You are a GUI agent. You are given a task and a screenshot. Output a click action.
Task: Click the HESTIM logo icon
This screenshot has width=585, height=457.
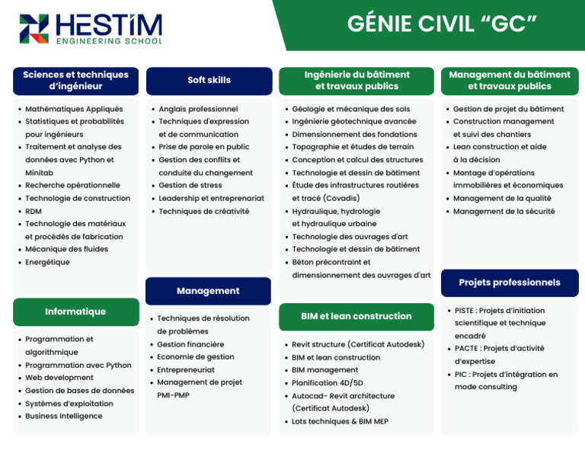point(34,29)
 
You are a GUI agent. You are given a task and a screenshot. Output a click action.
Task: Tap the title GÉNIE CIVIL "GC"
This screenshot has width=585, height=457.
point(442,24)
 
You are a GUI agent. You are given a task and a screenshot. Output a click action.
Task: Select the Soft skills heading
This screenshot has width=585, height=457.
point(209,80)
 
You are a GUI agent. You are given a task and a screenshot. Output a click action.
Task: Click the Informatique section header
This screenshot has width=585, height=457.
point(75,312)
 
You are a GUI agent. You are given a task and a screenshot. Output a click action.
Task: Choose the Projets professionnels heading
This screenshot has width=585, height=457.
point(510,283)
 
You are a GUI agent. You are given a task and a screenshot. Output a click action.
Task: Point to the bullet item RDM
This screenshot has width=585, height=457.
point(34,211)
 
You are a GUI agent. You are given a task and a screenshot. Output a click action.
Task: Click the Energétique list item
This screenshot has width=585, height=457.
point(47,262)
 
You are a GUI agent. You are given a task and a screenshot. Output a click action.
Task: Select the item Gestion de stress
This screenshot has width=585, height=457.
point(190,185)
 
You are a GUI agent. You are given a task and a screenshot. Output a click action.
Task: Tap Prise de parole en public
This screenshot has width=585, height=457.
point(203,146)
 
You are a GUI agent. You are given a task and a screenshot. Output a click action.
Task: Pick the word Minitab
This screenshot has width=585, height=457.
point(39,173)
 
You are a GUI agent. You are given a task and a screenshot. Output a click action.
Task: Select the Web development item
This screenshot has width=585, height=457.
point(59,378)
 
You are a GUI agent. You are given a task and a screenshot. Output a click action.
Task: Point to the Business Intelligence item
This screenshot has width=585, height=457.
point(64,416)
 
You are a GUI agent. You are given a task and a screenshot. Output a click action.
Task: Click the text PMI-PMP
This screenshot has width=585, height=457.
point(173,395)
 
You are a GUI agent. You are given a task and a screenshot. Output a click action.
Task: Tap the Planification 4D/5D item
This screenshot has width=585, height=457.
point(328,383)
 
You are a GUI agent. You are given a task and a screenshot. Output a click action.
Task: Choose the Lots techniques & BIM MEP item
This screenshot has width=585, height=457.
point(340,421)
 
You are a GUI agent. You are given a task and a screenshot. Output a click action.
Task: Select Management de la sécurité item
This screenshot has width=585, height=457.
point(503,211)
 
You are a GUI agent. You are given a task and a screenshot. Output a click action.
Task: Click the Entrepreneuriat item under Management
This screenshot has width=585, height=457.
point(186,369)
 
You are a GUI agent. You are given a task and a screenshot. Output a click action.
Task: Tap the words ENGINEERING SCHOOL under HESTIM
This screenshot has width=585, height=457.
point(109,40)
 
